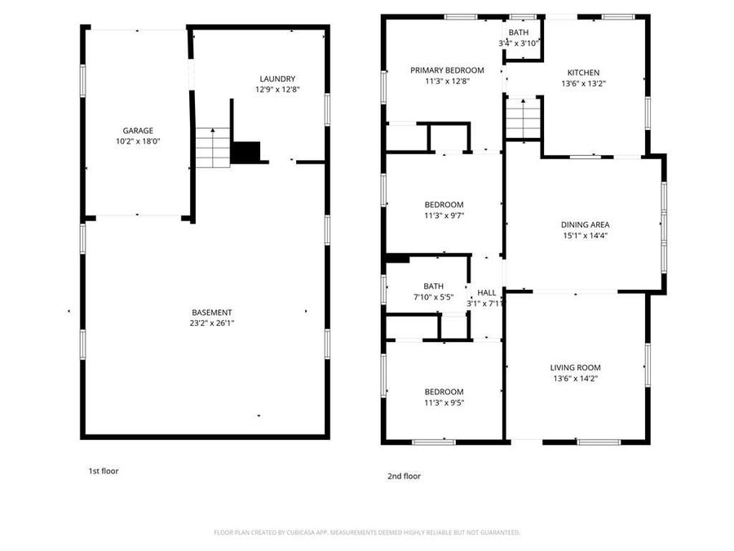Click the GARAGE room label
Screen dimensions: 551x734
click(x=138, y=131)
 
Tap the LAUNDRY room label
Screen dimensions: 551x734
click(x=277, y=78)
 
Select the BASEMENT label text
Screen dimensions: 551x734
click(x=212, y=313)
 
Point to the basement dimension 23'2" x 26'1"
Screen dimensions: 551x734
click(x=212, y=323)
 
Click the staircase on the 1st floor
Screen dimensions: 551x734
click(x=212, y=148)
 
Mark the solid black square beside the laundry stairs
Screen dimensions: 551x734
click(x=245, y=152)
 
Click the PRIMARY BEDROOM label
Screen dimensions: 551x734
click(x=447, y=70)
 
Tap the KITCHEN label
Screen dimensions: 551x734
click(x=583, y=73)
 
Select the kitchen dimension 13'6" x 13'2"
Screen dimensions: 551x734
click(x=583, y=83)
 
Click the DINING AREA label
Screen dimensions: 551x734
click(x=585, y=225)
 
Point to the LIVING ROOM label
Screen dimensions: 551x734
click(x=575, y=367)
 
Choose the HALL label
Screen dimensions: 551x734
click(x=486, y=293)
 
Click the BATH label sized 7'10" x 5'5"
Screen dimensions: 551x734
click(x=433, y=287)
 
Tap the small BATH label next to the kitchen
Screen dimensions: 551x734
click(x=519, y=33)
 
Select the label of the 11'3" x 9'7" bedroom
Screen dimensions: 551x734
click(x=444, y=205)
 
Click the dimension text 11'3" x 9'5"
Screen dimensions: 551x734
click(x=444, y=402)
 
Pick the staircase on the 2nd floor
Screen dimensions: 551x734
click(x=523, y=119)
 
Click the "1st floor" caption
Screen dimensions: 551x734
click(x=104, y=471)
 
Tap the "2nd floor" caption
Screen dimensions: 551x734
click(x=404, y=476)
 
